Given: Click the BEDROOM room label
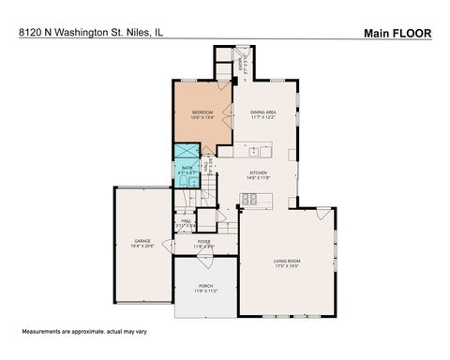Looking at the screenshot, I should pos(203,112).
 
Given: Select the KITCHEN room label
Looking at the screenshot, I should pos(258,172).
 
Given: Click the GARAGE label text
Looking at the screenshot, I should pos(142,241).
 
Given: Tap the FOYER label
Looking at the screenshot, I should pos(203,241).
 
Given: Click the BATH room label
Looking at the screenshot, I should pos(187,168).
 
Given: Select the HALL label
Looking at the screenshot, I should pos(186,220).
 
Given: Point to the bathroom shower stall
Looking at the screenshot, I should pos(185,151).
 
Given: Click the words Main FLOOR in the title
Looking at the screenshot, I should pos(397,33).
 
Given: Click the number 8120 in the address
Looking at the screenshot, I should pos(29,33).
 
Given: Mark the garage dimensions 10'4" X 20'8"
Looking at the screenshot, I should pos(142,247).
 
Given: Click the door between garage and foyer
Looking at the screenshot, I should pos(169,246).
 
